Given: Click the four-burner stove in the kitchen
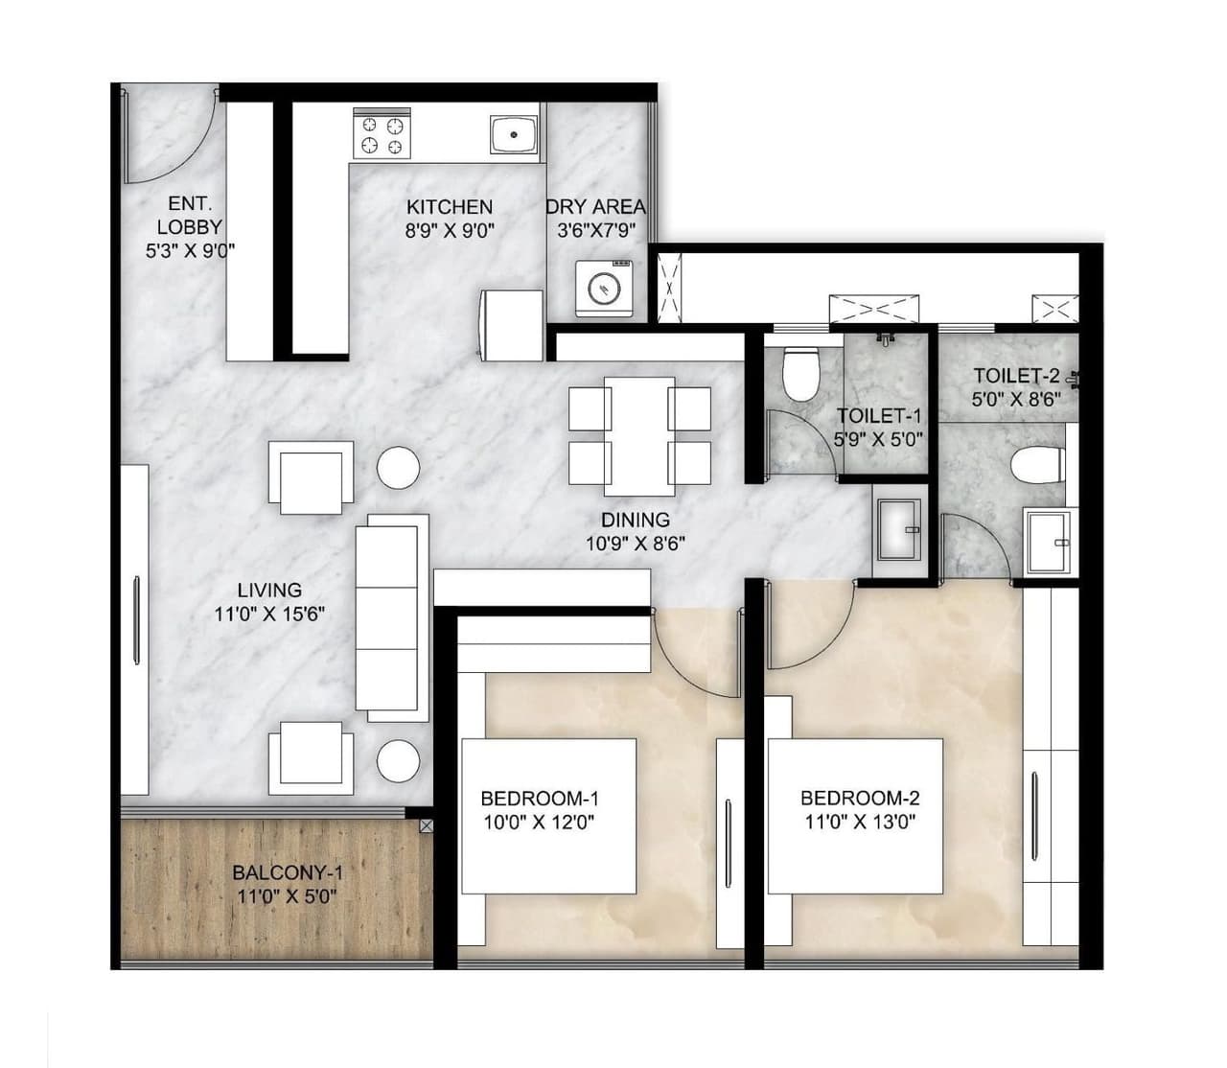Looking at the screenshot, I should (x=381, y=135).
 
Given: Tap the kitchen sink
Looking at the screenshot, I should (x=515, y=134).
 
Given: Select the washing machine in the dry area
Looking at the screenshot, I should (x=604, y=287).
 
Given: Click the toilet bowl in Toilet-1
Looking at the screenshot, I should (x=799, y=373).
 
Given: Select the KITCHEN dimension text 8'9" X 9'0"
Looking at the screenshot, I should (x=449, y=230).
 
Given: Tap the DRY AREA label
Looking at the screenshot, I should (x=595, y=207).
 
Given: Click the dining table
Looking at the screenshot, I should (x=639, y=432).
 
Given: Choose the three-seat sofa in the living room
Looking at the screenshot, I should (x=392, y=617).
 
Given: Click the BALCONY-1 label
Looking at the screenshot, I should (x=288, y=873).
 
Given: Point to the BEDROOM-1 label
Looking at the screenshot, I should (x=540, y=798).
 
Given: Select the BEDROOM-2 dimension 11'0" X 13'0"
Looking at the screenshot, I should (x=860, y=821).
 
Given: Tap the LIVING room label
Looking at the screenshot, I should (x=269, y=591).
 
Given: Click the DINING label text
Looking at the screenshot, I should (x=635, y=521).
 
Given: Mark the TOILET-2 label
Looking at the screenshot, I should (x=1016, y=377).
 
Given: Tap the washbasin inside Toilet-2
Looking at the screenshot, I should (x=1049, y=542).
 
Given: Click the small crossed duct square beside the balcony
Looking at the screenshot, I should (x=425, y=824).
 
